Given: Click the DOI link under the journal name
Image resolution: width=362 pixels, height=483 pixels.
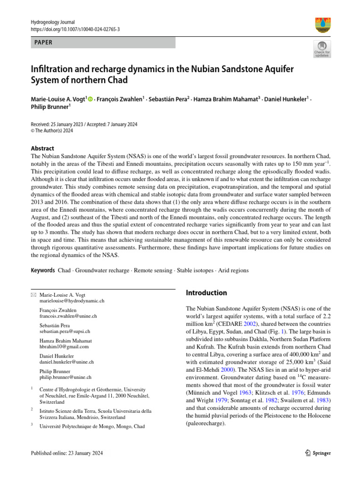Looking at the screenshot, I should coord(75,29).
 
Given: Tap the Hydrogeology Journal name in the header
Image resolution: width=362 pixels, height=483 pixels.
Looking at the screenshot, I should coord(53,22).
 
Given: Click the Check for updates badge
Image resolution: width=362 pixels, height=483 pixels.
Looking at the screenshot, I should coord(322,49).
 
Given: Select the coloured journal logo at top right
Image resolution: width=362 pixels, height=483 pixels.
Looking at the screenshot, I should coord(322,25).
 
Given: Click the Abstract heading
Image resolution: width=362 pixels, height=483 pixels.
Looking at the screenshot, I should coord(42,148).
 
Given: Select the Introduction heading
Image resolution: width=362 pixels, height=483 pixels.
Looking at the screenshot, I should coord(206,293).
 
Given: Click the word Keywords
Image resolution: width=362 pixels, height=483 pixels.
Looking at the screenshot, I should coord(42,270).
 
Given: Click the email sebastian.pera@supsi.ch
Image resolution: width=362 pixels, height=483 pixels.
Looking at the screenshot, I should coord(65,331).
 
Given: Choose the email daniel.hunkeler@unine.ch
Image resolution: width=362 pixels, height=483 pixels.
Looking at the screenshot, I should coord(67,362).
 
